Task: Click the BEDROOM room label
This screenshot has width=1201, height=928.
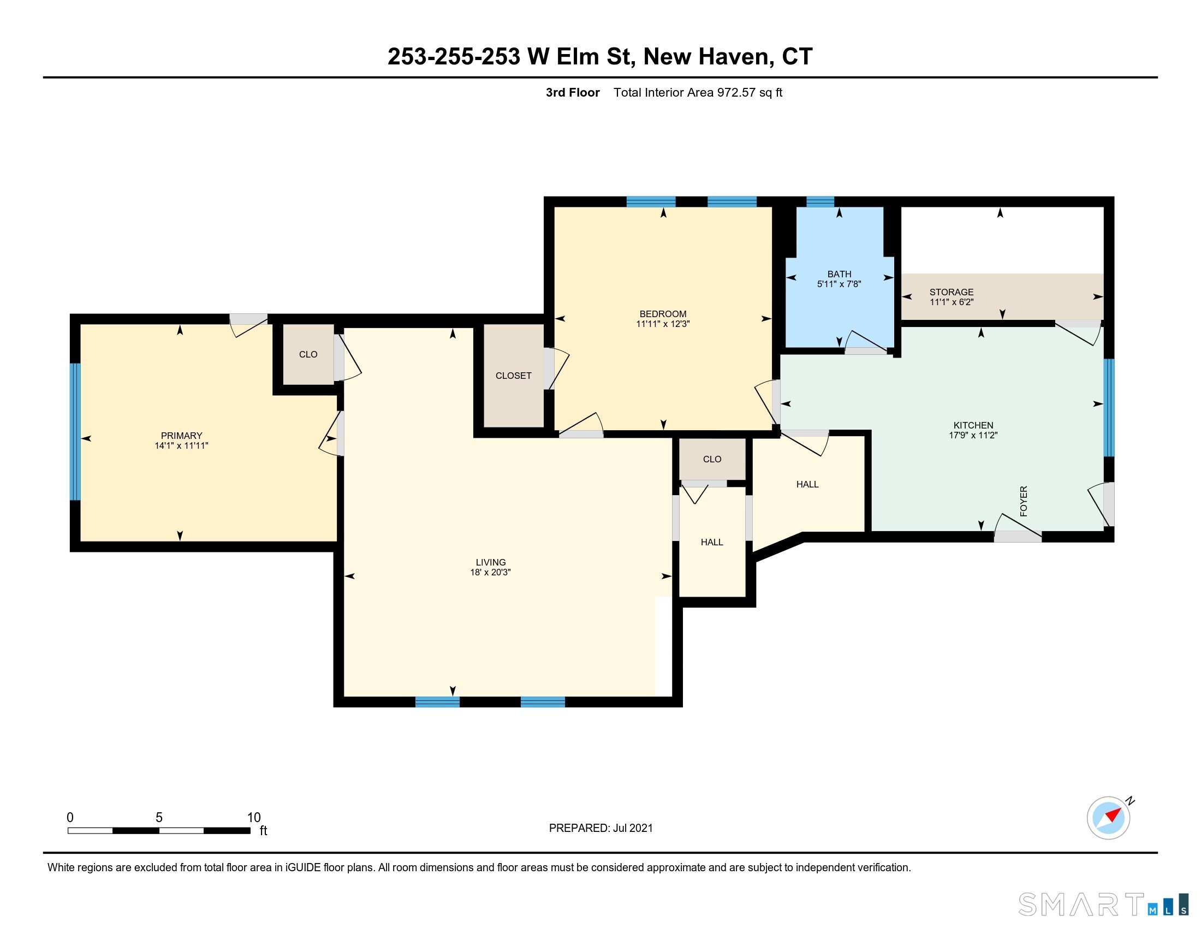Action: tap(663, 314)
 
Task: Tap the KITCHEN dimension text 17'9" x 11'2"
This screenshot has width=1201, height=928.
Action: tap(973, 435)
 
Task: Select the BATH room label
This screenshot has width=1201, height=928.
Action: tap(839, 274)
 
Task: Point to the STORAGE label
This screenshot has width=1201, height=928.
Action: tap(952, 292)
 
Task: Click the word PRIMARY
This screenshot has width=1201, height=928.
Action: tap(181, 436)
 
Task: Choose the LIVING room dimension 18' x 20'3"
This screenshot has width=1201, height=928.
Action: tap(491, 572)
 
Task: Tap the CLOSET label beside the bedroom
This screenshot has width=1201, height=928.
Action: tap(513, 376)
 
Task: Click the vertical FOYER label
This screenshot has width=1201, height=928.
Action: tap(1024, 501)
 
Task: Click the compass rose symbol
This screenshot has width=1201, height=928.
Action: tap(1109, 818)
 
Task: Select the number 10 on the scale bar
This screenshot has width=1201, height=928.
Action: tap(253, 817)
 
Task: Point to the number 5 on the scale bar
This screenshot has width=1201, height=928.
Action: tap(159, 817)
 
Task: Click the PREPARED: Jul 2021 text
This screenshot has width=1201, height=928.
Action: tap(600, 828)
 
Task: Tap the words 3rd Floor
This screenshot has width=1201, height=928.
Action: tap(573, 92)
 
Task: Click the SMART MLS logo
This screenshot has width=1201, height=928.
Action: tap(1103, 905)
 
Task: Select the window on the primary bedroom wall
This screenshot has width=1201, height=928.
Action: tap(75, 432)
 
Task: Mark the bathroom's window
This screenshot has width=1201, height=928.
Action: tap(820, 202)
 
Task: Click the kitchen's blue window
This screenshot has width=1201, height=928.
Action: tap(1109, 407)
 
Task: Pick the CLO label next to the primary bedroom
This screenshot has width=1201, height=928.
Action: tap(308, 355)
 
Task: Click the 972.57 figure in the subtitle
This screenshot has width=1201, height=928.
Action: tap(736, 92)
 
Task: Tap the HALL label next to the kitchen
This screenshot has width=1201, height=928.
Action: tap(807, 484)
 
